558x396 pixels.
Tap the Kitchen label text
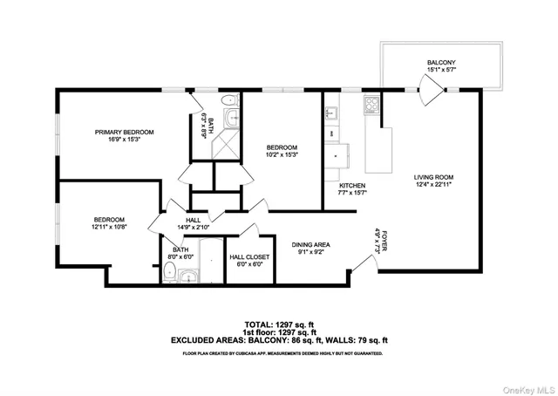(x=351, y=186)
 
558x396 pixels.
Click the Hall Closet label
(x=249, y=256)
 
